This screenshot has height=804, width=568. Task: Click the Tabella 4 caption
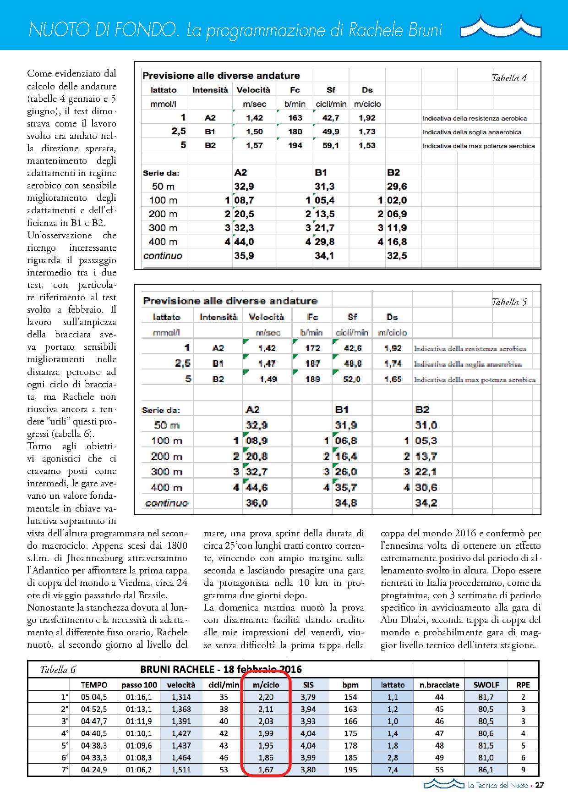coord(509,78)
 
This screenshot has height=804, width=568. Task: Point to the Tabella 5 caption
coord(509,302)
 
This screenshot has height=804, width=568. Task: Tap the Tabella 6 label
coord(58,670)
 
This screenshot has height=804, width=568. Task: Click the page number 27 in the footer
coord(540,798)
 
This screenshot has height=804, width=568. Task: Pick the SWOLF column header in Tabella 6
coord(485,685)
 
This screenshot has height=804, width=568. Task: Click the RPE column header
coord(523,685)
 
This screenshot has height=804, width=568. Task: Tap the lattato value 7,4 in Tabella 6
coord(393,770)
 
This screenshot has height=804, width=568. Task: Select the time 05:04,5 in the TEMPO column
coord(94,697)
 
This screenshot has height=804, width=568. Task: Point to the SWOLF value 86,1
coord(485,770)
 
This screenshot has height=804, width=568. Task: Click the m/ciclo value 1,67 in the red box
coord(266,770)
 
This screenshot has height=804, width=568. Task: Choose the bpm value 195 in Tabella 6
coord(350,770)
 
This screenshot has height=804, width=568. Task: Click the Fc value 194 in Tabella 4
coord(295,146)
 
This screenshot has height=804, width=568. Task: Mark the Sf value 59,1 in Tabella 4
coord(331,146)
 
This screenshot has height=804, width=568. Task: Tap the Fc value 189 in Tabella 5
coord(313,380)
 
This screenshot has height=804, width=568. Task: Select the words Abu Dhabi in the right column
coord(402,620)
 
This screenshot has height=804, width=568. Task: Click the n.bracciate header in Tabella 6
coord(439,685)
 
